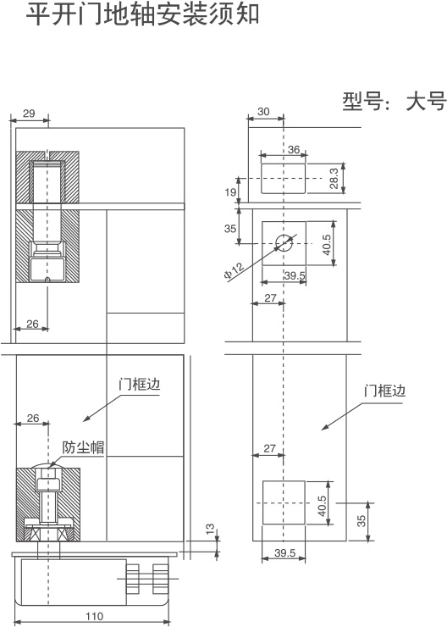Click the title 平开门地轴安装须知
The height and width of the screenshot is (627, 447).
pos(142,14)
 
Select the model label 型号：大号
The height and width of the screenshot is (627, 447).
pos(394,102)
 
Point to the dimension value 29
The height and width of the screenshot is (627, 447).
pos(29,114)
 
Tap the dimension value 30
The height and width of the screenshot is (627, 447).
pos(263,112)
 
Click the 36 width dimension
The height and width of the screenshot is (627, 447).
pos(294,150)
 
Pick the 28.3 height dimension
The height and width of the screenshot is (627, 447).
pos(334,178)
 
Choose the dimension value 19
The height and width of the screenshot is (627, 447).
pos(230,192)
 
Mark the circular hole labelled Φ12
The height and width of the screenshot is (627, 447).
pos(284,242)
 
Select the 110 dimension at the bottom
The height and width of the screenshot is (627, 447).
pos(94,616)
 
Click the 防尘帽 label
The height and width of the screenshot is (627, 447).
pos(84,447)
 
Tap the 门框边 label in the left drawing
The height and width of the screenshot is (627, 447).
pos(140,385)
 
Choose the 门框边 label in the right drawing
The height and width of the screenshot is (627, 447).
pos(384,391)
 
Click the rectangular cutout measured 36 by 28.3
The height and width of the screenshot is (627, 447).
pos(284,178)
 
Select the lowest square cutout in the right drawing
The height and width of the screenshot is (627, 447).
pos(284,502)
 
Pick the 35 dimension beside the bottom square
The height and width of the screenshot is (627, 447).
pos(361,520)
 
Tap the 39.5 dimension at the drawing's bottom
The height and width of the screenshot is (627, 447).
pos(284,553)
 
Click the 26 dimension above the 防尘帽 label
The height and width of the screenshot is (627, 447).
pos(33,418)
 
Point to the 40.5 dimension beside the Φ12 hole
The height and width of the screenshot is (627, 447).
pos(327,244)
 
